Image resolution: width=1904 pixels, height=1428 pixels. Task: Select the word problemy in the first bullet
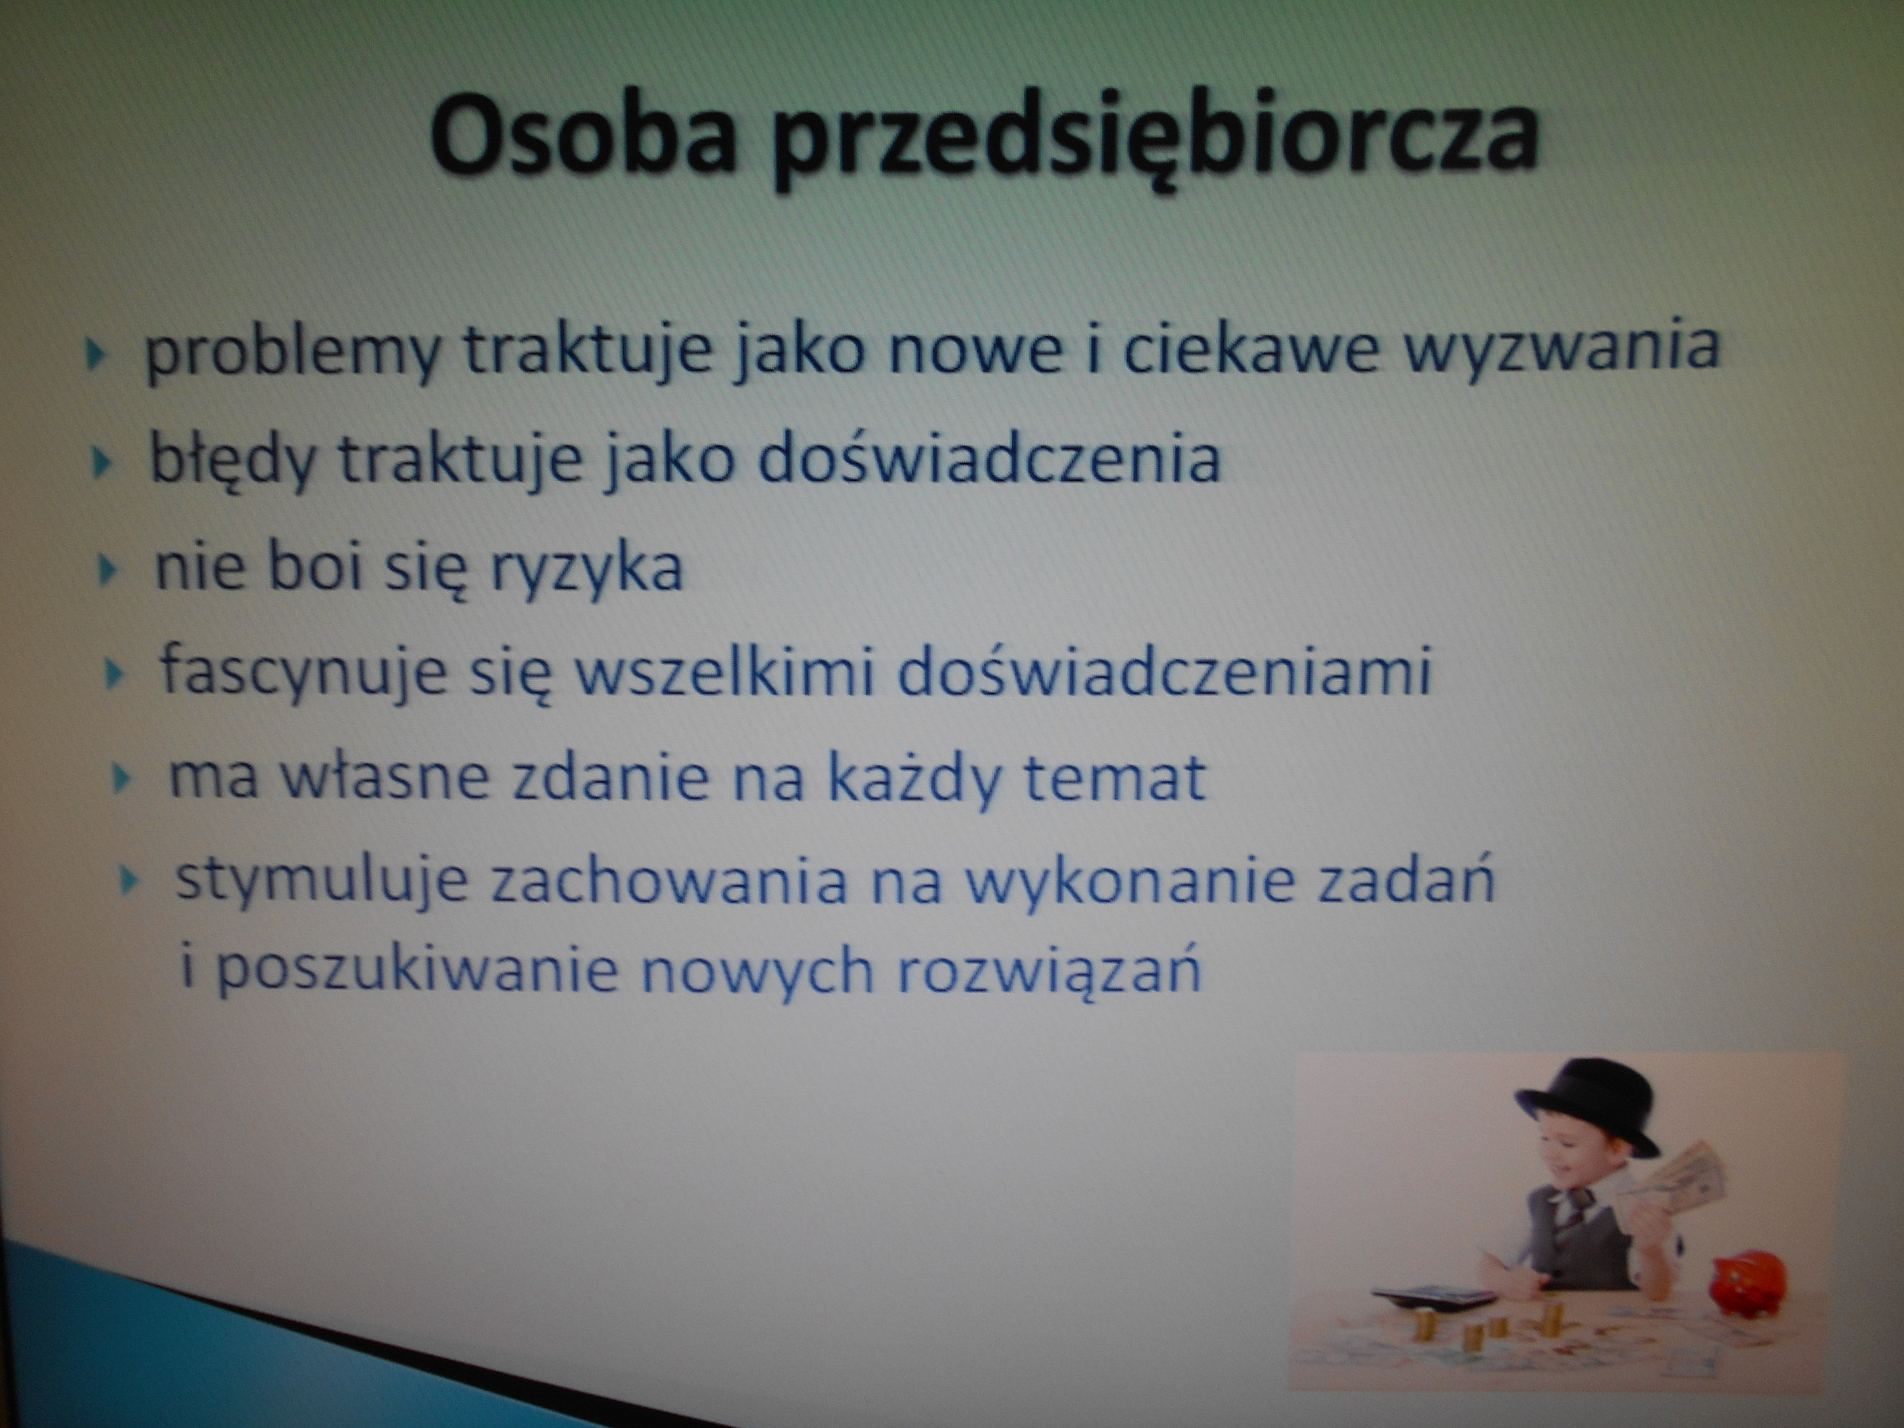click(292, 353)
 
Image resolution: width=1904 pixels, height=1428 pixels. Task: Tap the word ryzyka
click(585, 570)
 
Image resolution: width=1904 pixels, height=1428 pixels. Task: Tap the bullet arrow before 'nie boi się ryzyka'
click(107, 570)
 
